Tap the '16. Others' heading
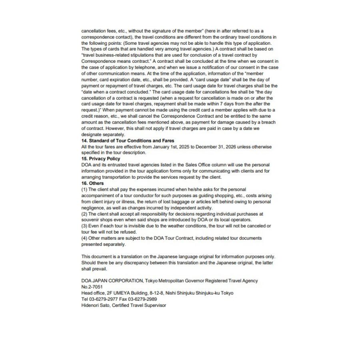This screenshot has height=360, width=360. click(92, 183)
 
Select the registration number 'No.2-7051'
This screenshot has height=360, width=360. click(92, 287)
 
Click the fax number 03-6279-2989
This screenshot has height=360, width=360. click(143, 299)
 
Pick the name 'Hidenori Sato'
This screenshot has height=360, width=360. click(95, 305)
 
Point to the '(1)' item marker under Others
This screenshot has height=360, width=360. click(84, 189)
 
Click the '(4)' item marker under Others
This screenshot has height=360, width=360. click(84, 238)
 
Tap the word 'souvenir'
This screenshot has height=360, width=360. click(91, 220)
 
